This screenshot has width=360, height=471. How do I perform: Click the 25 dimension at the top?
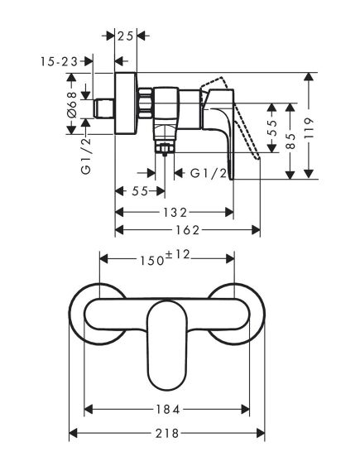[126, 36]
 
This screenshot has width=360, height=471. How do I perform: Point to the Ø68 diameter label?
[71, 106]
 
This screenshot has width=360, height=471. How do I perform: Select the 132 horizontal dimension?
[171, 212]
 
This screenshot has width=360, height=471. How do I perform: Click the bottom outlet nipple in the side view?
[164, 146]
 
